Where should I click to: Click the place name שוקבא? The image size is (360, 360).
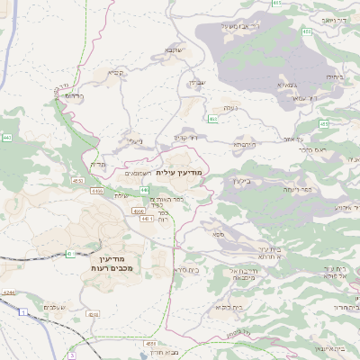click(174, 50)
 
